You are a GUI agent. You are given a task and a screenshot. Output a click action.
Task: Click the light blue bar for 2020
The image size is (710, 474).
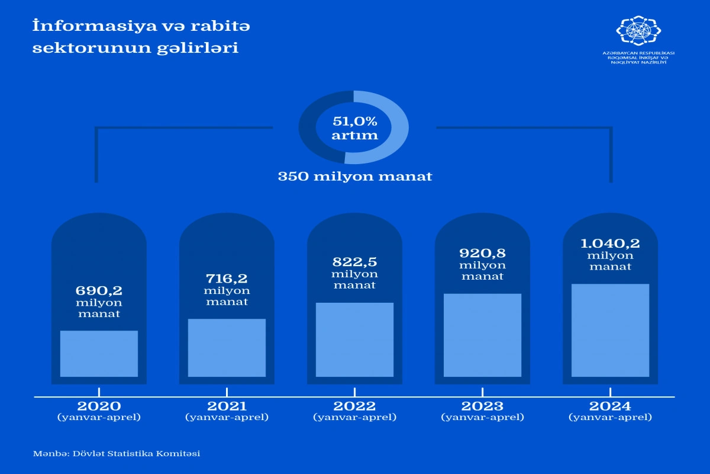click(99, 354)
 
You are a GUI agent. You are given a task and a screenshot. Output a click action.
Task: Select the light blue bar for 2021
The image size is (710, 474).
click(227, 348)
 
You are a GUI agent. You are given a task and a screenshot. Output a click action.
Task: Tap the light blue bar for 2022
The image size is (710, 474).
click(354, 340)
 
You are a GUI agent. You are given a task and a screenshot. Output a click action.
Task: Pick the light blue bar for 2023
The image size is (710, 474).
click(482, 335)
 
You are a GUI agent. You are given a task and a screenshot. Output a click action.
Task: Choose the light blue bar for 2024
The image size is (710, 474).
click(610, 330)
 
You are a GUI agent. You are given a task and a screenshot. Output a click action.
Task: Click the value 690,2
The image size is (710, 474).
click(99, 290)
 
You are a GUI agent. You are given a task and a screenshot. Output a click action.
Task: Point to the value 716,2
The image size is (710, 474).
click(227, 278)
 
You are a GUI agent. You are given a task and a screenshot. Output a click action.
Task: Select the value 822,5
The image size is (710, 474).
click(354, 262)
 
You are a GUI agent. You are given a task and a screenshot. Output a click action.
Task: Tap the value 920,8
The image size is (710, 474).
click(482, 252)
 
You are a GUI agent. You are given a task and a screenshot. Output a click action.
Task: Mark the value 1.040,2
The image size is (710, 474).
click(610, 243)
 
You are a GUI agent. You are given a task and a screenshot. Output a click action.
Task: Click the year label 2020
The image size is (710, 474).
click(99, 406)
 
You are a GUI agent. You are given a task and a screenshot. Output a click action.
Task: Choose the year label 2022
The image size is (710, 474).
click(354, 406)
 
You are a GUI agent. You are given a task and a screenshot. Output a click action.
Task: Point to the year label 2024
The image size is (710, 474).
click(610, 406)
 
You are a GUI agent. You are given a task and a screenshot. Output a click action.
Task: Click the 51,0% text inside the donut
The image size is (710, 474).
click(354, 121)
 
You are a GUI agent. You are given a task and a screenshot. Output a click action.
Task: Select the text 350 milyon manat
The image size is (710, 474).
click(355, 177)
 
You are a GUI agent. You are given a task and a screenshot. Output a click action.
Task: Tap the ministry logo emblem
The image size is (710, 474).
click(638, 30)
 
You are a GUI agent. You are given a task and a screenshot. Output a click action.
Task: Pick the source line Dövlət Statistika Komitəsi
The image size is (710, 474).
click(135, 453)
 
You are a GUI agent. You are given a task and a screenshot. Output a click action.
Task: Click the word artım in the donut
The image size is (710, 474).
click(354, 136)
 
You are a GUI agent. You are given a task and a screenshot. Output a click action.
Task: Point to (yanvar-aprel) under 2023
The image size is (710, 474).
click(482, 417)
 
